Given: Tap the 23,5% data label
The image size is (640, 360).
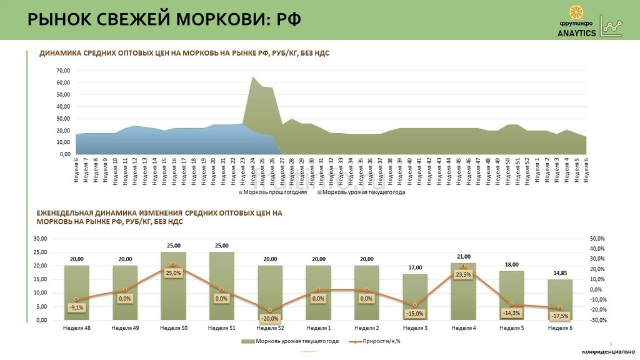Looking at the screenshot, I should [463, 274].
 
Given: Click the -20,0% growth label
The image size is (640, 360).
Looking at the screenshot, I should [270, 318].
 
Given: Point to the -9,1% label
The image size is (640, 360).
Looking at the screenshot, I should [76, 307].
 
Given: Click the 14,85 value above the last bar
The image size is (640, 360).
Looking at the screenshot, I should [560, 273].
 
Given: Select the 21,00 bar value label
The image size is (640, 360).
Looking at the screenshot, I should [464, 256].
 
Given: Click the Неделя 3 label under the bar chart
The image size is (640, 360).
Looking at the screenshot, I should [415, 327].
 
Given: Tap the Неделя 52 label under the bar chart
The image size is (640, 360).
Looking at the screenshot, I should [270, 327].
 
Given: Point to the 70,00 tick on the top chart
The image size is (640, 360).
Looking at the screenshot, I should [62, 71].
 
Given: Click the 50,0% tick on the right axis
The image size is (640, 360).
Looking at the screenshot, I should [597, 239].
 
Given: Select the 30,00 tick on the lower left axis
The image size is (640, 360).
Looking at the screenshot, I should [40, 239].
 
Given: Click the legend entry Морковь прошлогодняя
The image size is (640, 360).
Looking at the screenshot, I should [275, 192].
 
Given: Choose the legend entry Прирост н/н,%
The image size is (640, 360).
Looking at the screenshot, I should [375, 341].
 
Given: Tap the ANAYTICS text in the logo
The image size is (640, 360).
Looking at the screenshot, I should [576, 34].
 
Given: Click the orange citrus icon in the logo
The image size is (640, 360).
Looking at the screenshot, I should [576, 12].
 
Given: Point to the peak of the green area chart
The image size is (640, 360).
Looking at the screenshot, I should [252, 77].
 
